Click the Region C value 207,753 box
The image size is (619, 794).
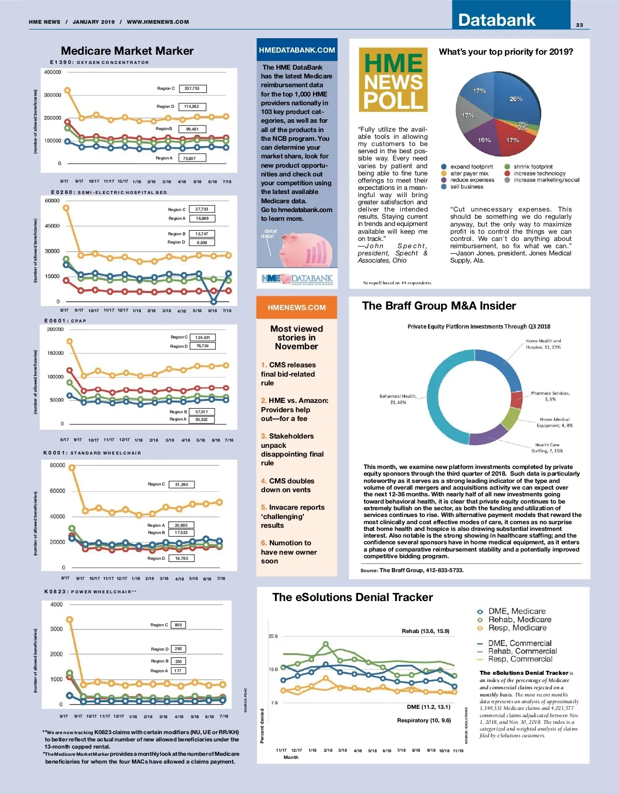[192, 89]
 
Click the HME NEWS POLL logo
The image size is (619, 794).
[393, 80]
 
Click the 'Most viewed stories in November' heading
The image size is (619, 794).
[297, 337]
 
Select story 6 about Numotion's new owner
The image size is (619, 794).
[289, 552]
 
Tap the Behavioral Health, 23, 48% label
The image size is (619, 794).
[398, 399]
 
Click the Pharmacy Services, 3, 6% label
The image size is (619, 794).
[550, 396]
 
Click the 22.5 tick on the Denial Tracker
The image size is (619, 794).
[273, 636]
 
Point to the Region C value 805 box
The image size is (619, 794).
[178, 625]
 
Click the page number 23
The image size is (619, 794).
[579, 25]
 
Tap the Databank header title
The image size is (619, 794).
[497, 20]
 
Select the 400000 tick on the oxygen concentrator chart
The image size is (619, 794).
[53, 72]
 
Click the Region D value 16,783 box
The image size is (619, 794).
[182, 558]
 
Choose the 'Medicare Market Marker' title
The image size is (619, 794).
[127, 51]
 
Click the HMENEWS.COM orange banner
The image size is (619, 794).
[297, 307]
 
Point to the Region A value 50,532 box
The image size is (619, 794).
[201, 419]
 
